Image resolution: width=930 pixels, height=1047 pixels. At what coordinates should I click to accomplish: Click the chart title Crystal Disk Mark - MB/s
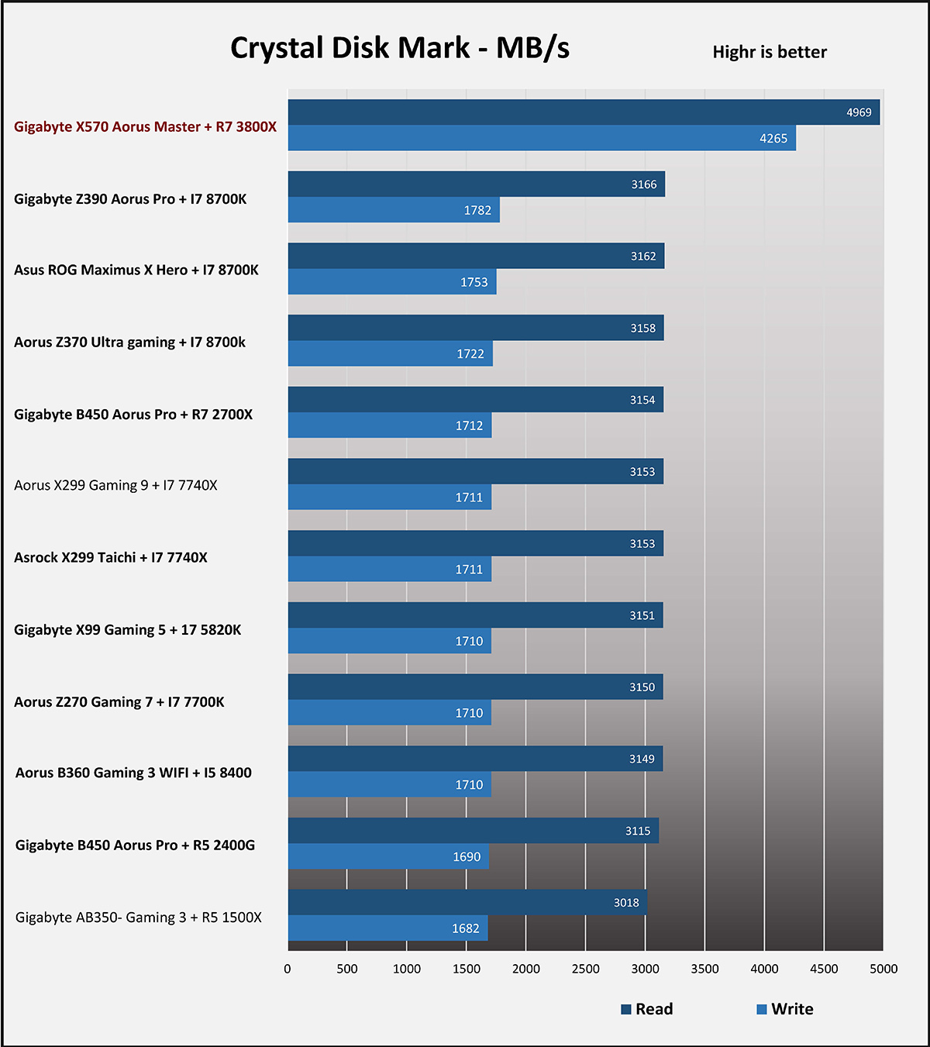click(x=400, y=48)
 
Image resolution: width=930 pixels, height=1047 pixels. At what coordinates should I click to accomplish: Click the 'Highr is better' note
click(x=770, y=52)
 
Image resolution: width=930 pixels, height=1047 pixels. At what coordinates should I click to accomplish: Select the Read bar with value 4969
click(x=584, y=112)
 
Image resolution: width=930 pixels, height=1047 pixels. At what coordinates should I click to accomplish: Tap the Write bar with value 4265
click(x=542, y=138)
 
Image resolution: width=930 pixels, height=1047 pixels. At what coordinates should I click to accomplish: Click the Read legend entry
click(x=647, y=1009)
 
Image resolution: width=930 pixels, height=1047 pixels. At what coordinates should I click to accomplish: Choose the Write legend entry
click(x=785, y=1009)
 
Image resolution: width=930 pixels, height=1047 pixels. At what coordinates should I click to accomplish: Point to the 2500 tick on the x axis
click(x=585, y=969)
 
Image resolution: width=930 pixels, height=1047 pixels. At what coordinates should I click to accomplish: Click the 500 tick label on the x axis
click(x=347, y=969)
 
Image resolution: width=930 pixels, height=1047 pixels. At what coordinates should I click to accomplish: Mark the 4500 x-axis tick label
click(x=824, y=969)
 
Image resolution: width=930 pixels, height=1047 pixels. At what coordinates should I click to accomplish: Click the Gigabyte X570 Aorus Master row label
click(x=145, y=126)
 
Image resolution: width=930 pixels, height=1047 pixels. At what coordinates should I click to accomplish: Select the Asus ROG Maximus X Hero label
click(x=136, y=270)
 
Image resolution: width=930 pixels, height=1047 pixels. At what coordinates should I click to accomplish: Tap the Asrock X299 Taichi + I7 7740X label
click(x=111, y=557)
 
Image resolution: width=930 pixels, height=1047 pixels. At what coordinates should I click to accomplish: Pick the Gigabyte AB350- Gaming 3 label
click(x=139, y=918)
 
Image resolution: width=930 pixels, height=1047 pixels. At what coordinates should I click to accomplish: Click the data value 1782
click(x=477, y=210)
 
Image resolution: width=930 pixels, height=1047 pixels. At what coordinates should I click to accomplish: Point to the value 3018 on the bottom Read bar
click(x=626, y=902)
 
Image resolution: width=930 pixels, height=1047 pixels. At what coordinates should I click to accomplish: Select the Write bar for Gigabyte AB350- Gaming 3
click(x=387, y=928)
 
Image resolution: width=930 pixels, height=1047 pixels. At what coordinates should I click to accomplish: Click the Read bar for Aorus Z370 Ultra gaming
click(x=475, y=328)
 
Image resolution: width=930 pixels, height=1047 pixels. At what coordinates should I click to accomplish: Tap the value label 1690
click(x=467, y=857)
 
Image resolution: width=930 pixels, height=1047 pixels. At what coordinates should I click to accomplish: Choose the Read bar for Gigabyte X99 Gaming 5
click(x=475, y=615)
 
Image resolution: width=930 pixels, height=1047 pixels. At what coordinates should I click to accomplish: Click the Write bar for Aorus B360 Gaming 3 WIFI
click(x=389, y=784)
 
